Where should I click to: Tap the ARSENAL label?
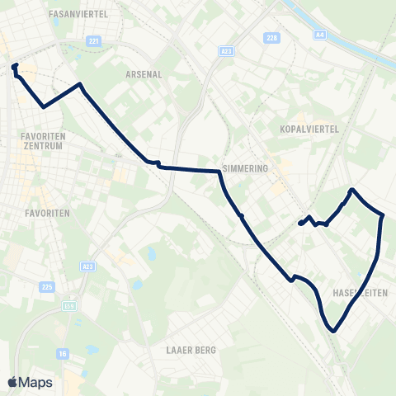143,73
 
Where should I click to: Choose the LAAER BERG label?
191,350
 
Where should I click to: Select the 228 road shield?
273,38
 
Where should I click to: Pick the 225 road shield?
47,286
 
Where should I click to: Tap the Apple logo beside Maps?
12,382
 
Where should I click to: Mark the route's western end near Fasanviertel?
14,66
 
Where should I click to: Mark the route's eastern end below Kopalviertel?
299,224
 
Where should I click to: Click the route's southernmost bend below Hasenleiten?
333,331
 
